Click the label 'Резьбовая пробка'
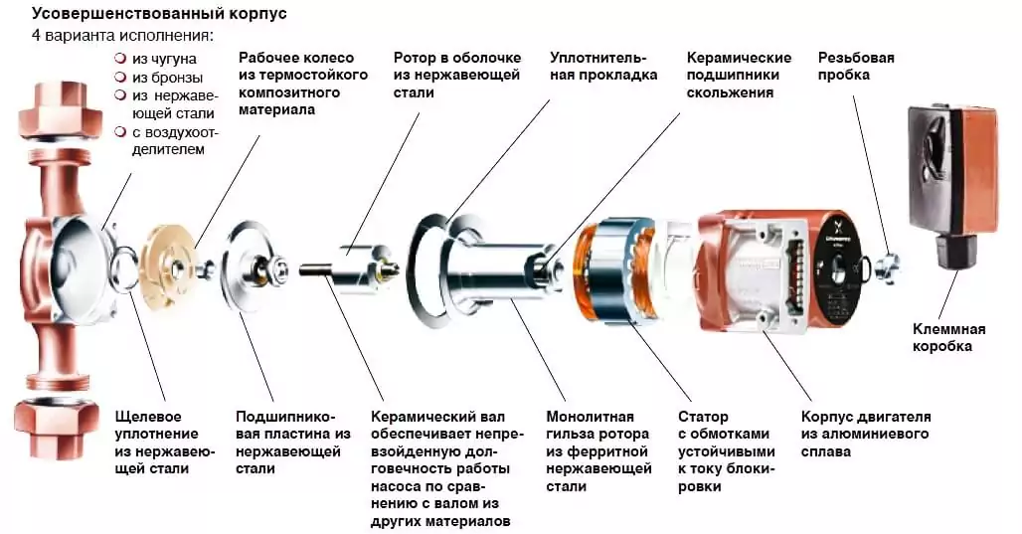tap(855, 66)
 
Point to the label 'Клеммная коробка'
tap(948, 338)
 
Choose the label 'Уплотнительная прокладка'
tap(602, 66)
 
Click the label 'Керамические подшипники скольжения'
tap(738, 75)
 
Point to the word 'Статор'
tap(703, 417)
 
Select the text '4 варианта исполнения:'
tap(121, 36)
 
